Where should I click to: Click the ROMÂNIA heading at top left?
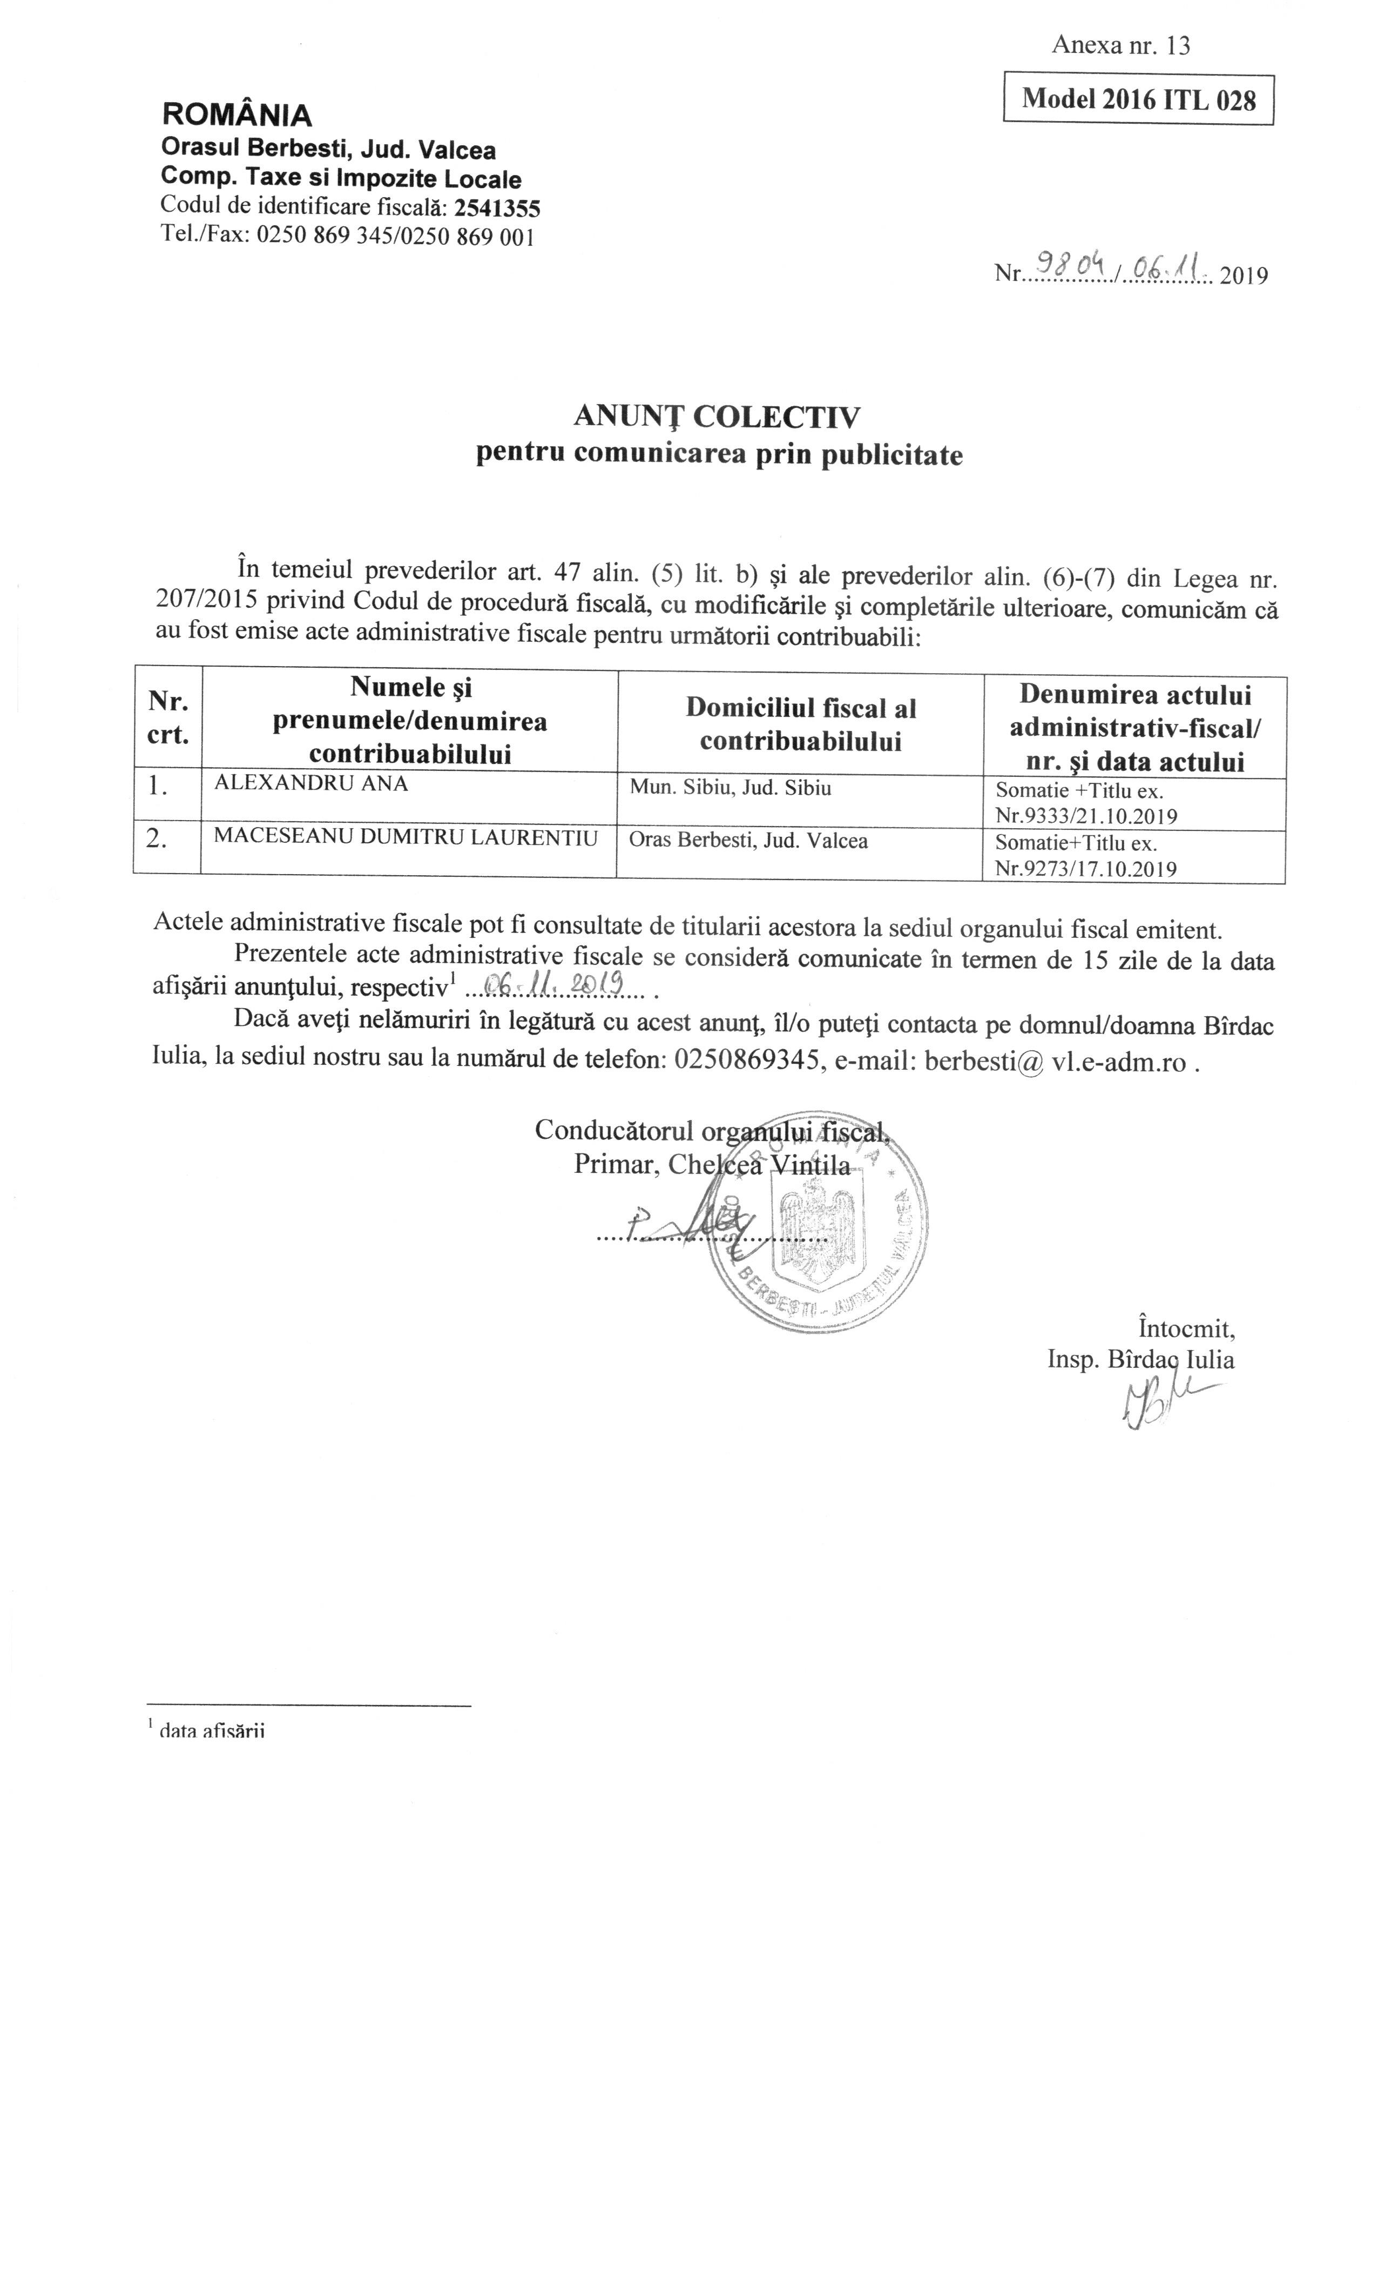pyautogui.click(x=237, y=115)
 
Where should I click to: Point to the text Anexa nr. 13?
pyautogui.click(x=1120, y=45)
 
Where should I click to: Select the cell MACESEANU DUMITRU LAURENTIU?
pyautogui.click(x=406, y=837)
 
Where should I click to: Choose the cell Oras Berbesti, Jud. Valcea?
pyautogui.click(x=747, y=841)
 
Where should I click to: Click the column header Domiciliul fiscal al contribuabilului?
pyautogui.click(x=800, y=724)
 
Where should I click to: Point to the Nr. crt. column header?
pyautogui.click(x=167, y=719)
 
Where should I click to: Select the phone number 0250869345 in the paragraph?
pyautogui.click(x=747, y=1060)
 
